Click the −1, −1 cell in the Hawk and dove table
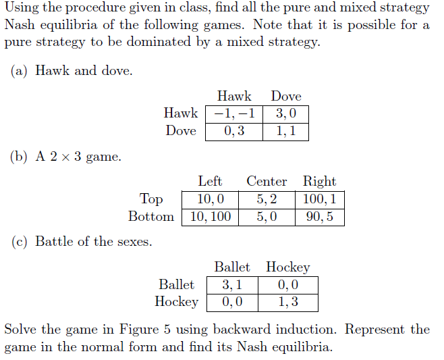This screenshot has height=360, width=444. pyautogui.click(x=235, y=113)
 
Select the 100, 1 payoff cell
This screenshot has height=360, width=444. pyautogui.click(x=319, y=199)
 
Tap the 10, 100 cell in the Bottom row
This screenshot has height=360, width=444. pyautogui.click(x=210, y=217)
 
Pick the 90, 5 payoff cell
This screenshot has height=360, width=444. pyautogui.click(x=319, y=217)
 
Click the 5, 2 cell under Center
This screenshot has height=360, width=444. pyautogui.click(x=267, y=199)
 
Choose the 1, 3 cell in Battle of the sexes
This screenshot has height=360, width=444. pyautogui.click(x=288, y=302)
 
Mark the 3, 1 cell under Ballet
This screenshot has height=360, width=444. pyautogui.click(x=232, y=284)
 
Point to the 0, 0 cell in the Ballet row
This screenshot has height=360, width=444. pyautogui.click(x=288, y=284)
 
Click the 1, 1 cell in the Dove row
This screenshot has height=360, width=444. pyautogui.click(x=286, y=131)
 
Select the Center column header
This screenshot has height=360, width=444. pyautogui.click(x=267, y=181)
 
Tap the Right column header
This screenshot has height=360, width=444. pyautogui.click(x=319, y=181)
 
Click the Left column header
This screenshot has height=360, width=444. pyautogui.click(x=210, y=181)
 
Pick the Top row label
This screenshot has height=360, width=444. pyautogui.click(x=151, y=199)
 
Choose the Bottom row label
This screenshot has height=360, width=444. pyautogui.click(x=151, y=217)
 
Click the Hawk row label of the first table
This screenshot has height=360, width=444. pyautogui.click(x=181, y=113)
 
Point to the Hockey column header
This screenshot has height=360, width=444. pyautogui.click(x=288, y=267)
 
